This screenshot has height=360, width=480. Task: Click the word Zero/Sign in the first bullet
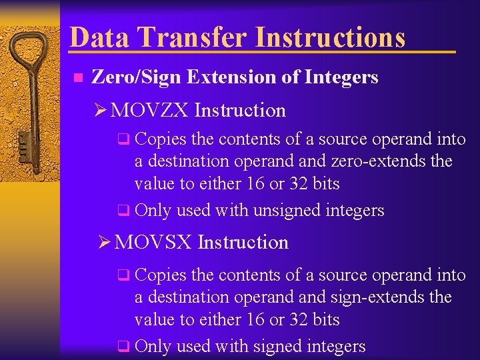point(136,77)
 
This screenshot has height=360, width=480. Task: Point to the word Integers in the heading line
point(341,77)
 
